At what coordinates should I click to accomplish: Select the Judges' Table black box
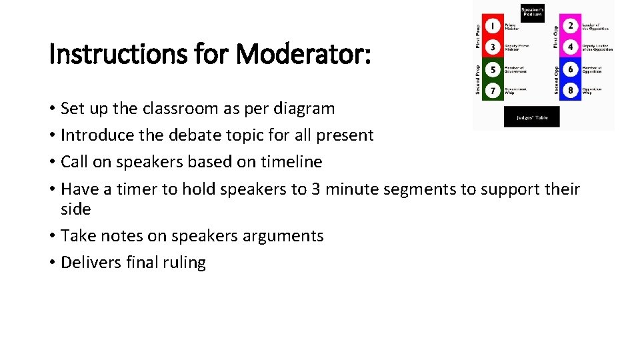531,117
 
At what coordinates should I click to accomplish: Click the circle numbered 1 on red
492,26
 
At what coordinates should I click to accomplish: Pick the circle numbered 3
492,47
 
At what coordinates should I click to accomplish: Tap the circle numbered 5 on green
492,69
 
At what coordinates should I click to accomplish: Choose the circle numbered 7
492,89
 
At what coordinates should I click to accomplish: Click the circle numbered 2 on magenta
571,26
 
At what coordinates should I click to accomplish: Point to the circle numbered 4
571,47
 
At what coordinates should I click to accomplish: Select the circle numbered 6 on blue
571,69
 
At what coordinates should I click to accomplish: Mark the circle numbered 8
571,89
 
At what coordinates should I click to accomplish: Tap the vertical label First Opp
555,36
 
